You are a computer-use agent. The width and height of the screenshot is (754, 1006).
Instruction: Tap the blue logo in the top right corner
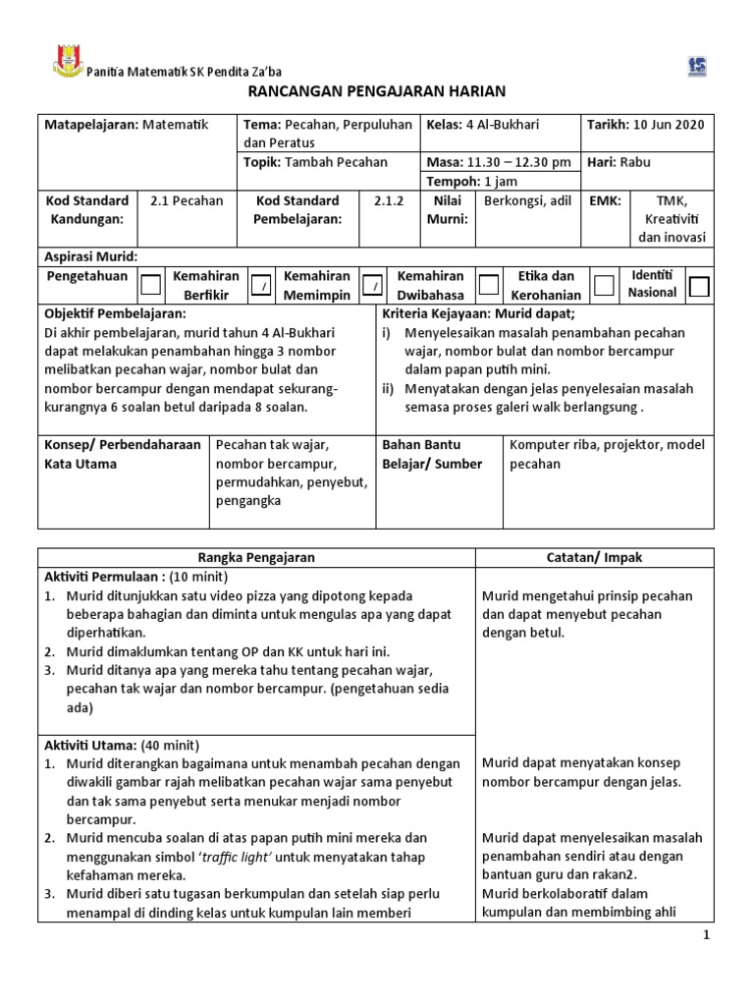pos(698,66)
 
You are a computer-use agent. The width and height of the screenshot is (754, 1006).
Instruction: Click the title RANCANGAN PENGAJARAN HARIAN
pos(376,91)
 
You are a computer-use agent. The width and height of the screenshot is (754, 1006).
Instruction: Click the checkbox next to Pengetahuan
pos(150,285)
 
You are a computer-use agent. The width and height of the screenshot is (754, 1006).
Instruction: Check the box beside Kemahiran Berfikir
pos(261,285)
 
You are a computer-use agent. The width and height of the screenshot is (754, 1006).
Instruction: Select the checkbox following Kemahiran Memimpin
pos(373,285)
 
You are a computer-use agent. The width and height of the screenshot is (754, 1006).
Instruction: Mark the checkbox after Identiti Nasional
pos(699,286)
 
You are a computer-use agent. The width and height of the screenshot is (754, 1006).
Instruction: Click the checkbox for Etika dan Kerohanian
pos(604,285)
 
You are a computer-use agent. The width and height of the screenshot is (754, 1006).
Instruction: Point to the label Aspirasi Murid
pos(91,256)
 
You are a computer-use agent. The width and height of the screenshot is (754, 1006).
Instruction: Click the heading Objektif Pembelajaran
pos(116,313)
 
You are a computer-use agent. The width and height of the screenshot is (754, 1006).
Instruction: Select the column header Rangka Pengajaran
pos(256,557)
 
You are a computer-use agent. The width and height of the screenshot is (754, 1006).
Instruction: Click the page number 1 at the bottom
pos(705,936)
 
